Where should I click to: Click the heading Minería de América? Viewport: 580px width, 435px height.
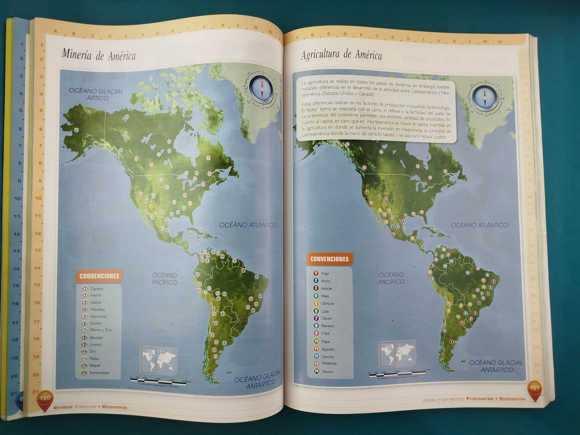99,55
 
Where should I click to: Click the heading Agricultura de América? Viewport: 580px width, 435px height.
342,55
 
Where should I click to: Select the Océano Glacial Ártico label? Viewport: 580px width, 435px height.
96,94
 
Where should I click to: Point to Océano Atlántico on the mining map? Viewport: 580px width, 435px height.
248,225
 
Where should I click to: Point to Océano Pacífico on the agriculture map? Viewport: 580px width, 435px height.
391,278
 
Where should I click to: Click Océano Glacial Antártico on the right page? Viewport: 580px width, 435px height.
496,366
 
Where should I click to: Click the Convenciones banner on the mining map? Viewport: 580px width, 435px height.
99,276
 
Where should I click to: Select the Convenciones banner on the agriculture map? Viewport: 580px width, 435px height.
330,259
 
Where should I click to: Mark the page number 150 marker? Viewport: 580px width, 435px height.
45,398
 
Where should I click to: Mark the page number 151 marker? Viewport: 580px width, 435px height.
534,389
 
